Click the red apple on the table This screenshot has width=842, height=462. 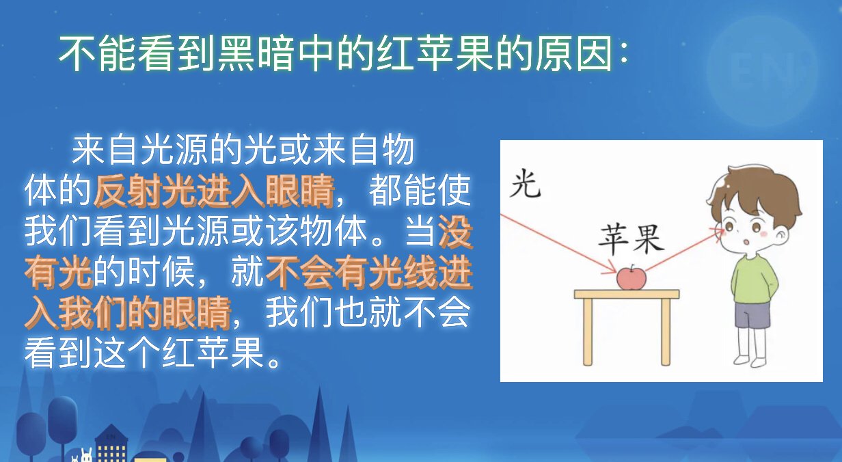pos(631,277)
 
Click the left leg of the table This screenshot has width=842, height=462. pos(588,331)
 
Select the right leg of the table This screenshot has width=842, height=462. pos(666,331)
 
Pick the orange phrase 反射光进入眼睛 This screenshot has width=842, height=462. pos(213,191)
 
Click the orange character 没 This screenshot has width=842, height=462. pos(455,232)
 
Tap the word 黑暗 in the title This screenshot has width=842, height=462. pos(256,53)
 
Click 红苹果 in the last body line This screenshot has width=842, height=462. pos(213,353)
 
